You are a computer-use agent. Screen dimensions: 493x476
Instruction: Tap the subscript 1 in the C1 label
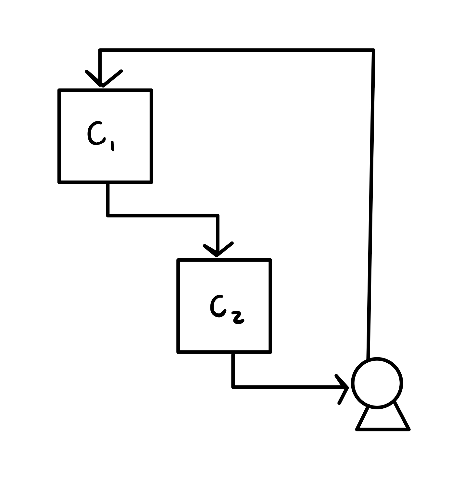(112, 146)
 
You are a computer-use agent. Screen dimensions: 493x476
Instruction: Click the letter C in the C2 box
(217, 306)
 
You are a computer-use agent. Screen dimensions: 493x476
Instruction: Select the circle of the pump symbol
(377, 383)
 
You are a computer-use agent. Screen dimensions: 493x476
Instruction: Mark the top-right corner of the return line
(373, 50)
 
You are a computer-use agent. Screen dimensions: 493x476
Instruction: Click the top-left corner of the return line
(100, 50)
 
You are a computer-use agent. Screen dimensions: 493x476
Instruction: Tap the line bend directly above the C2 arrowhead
(217, 215)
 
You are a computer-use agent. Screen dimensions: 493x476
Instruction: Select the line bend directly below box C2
(233, 387)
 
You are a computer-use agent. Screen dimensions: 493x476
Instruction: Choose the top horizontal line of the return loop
(237, 50)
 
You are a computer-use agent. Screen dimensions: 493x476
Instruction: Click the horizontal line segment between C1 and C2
(162, 215)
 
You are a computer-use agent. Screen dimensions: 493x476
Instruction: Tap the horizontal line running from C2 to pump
(286, 387)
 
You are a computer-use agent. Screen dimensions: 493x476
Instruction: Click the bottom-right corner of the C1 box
(151, 182)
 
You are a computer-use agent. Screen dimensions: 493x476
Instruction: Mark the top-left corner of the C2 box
(178, 260)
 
